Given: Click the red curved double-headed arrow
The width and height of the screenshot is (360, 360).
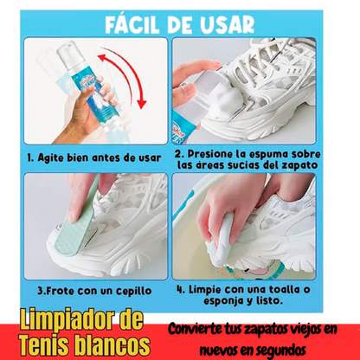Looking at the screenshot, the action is [x=127, y=75].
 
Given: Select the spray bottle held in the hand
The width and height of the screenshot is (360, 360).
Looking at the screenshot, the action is [x=80, y=87].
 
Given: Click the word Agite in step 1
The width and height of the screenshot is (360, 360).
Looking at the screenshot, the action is [x=51, y=158].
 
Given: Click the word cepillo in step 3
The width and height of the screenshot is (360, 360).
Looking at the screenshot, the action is [x=133, y=291].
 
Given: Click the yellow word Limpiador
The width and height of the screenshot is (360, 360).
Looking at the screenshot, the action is [x=68, y=320].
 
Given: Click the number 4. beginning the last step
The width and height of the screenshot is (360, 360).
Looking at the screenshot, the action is [x=181, y=290].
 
